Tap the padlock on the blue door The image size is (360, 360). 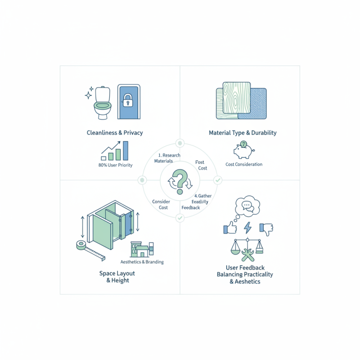pos(128,101)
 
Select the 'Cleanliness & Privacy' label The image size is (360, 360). pos(114,133)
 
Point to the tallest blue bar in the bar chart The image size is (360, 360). pos(126,151)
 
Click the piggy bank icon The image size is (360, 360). pos(243,150)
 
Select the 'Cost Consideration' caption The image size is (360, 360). pos(244,164)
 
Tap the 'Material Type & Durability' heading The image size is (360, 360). pos(243,133)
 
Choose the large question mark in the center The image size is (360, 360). pos(180,179)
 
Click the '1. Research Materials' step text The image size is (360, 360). pos(167,158)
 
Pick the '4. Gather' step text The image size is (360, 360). pos(203,196)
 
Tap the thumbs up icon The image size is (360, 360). pos(230,228)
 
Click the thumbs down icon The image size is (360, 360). pos(266,229)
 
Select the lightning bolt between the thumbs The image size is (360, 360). pos(248,228)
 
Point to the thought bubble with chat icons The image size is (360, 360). pos(247,207)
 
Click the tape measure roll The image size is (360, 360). pos(81,246)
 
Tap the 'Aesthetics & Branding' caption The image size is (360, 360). pos(142,262)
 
